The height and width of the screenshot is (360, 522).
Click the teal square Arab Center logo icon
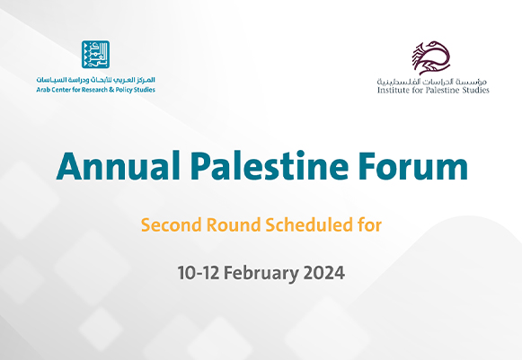pyautogui.click(x=96, y=56)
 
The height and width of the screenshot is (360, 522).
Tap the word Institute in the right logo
pyautogui.click(x=393, y=90)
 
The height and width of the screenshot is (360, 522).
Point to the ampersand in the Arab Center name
pyautogui.click(x=116, y=90)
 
